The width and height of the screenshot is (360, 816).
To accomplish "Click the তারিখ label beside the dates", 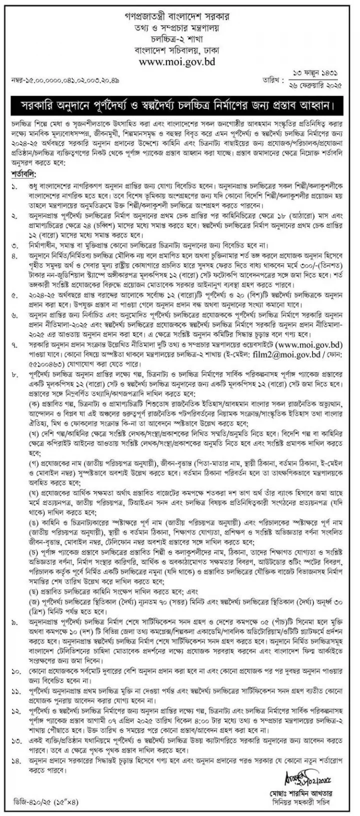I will pyautogui.click(x=275, y=80).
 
